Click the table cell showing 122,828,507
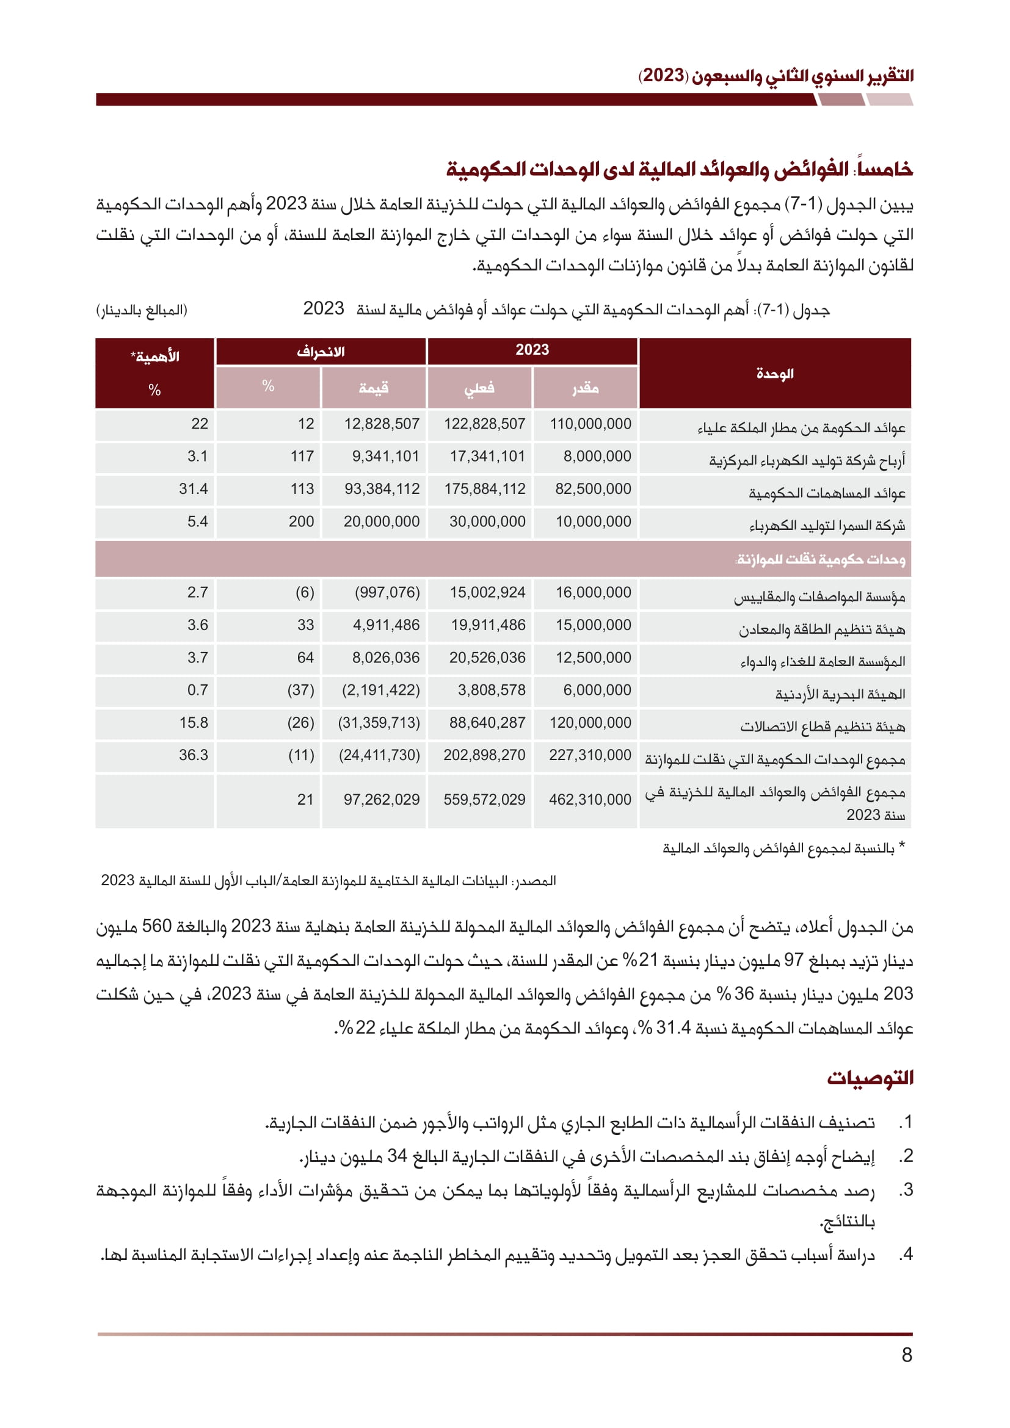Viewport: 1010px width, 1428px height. pyautogui.click(x=484, y=424)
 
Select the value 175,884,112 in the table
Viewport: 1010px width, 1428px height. pyautogui.click(x=484, y=490)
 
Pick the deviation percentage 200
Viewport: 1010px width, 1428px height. pyautogui.click(x=301, y=522)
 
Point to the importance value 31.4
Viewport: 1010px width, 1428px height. pyautogui.click(x=194, y=490)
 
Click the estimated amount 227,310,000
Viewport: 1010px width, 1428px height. pyautogui.click(x=590, y=756)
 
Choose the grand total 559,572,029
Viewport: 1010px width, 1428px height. pyautogui.click(x=484, y=800)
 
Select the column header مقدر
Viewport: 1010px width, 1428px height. pyautogui.click(x=585, y=388)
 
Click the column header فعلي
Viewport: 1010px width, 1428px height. pyautogui.click(x=479, y=388)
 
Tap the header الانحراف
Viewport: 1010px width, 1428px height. pyautogui.click(x=321, y=352)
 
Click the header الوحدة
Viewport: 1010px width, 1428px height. pyautogui.click(x=775, y=374)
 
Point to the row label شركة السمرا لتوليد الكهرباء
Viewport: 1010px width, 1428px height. pyautogui.click(x=827, y=526)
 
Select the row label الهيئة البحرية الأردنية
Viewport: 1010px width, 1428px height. pyautogui.click(x=840, y=695)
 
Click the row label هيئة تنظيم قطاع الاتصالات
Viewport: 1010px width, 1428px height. pyautogui.click(x=822, y=727)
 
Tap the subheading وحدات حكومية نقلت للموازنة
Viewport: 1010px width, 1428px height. pyautogui.click(x=819, y=560)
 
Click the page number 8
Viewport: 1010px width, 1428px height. pyautogui.click(x=907, y=1355)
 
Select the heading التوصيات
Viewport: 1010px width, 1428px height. pyautogui.click(x=870, y=1078)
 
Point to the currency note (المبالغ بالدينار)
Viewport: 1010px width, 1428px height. pyautogui.click(x=142, y=310)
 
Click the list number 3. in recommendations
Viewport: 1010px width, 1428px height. pyautogui.click(x=906, y=1190)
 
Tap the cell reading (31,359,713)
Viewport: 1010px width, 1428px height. pyautogui.click(x=379, y=723)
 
